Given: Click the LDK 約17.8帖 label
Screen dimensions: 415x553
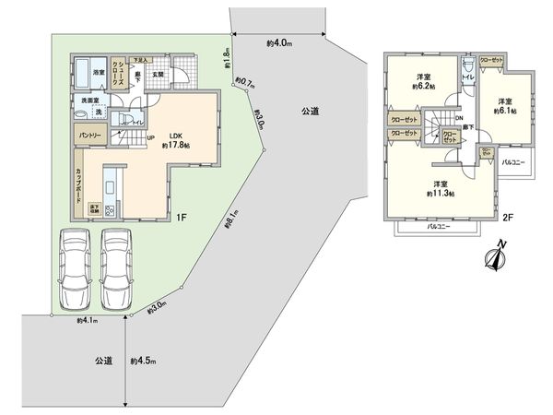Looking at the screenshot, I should point(175,139).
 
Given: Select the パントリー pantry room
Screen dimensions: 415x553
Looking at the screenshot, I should point(89,136).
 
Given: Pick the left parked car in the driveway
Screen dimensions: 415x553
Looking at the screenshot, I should point(74,267).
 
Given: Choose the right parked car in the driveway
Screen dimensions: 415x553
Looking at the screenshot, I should point(118,267).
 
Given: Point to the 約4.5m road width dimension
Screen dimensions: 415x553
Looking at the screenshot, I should point(144,361).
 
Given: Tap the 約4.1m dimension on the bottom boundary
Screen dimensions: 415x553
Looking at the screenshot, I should point(88,322).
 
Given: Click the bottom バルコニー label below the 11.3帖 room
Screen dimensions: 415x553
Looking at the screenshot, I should point(438,226).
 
